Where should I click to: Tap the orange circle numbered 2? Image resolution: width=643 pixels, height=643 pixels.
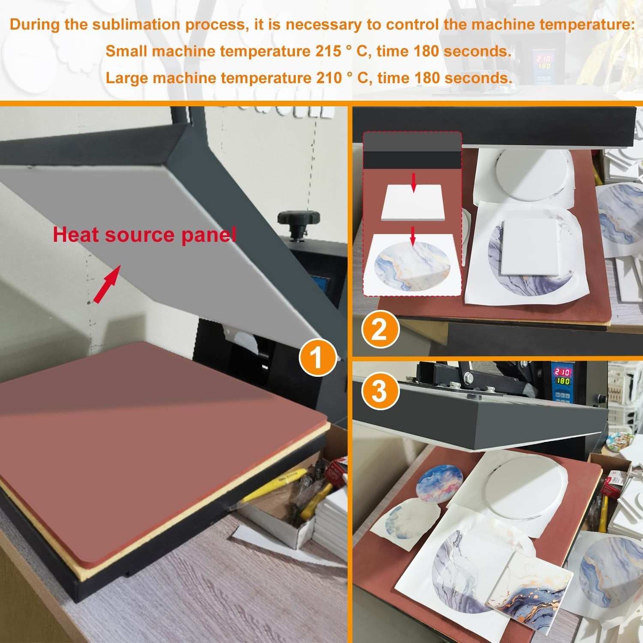click(x=380, y=331)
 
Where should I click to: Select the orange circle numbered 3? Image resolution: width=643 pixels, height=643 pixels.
click(x=380, y=391)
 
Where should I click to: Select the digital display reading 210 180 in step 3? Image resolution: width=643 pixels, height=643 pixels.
click(x=562, y=376)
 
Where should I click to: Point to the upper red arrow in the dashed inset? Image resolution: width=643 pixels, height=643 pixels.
click(x=413, y=182)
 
